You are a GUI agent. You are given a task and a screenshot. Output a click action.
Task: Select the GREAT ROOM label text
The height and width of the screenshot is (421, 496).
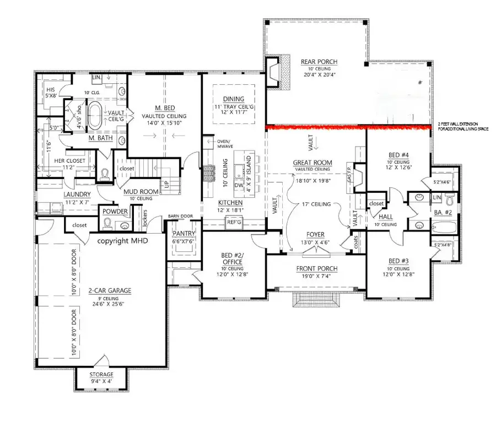[x=312, y=162]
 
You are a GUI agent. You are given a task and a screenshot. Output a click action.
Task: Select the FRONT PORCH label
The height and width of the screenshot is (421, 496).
[x=316, y=268]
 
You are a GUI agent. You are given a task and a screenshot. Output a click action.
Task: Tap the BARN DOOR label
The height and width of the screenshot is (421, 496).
[x=179, y=217]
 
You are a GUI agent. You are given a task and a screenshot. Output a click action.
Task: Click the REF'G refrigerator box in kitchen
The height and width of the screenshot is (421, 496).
[x=232, y=222]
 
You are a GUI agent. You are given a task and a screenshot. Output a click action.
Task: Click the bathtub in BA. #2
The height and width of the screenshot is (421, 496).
[x=441, y=225]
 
